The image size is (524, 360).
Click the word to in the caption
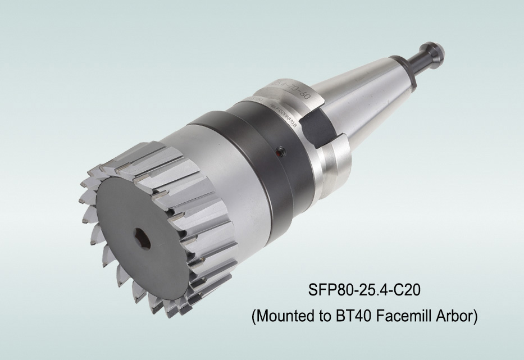click(324, 317)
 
